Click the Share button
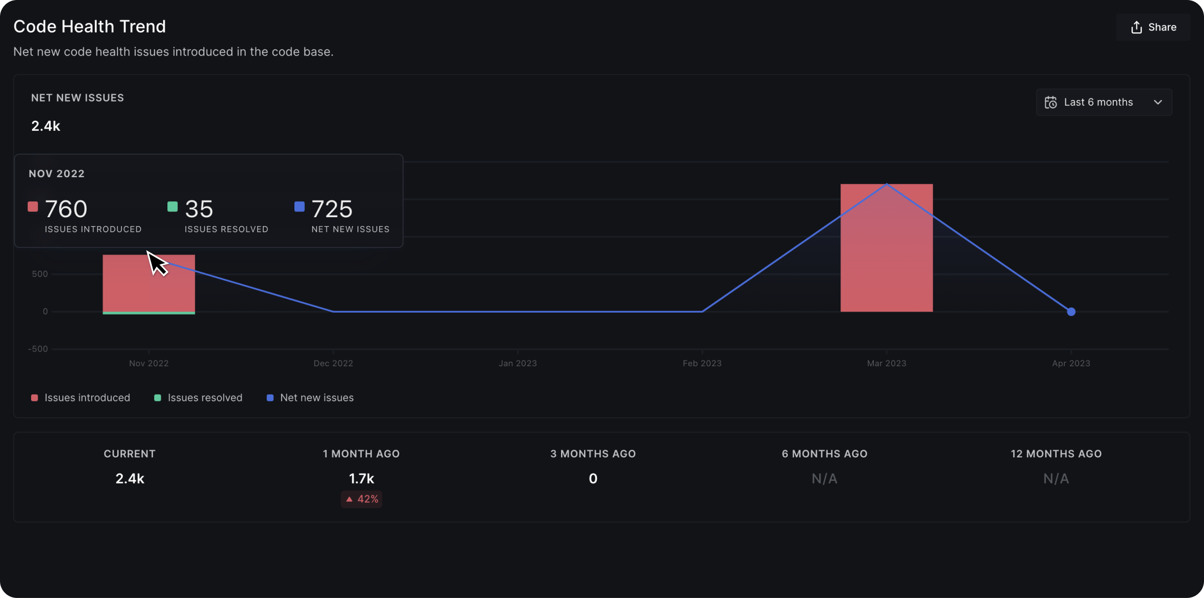1153,27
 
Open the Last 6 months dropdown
1103,102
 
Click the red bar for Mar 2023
886,263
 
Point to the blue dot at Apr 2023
1071,312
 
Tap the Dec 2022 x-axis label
333,363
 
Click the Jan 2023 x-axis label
517,363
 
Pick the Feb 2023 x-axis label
702,363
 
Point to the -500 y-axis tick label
38,349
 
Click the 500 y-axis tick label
40,274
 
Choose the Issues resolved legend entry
198,398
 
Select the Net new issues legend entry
310,398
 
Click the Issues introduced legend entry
81,398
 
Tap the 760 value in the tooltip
66,209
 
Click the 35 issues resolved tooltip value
199,209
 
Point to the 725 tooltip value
332,209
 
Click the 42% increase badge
362,499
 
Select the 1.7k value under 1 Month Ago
361,479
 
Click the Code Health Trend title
89,27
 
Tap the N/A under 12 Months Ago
1056,479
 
